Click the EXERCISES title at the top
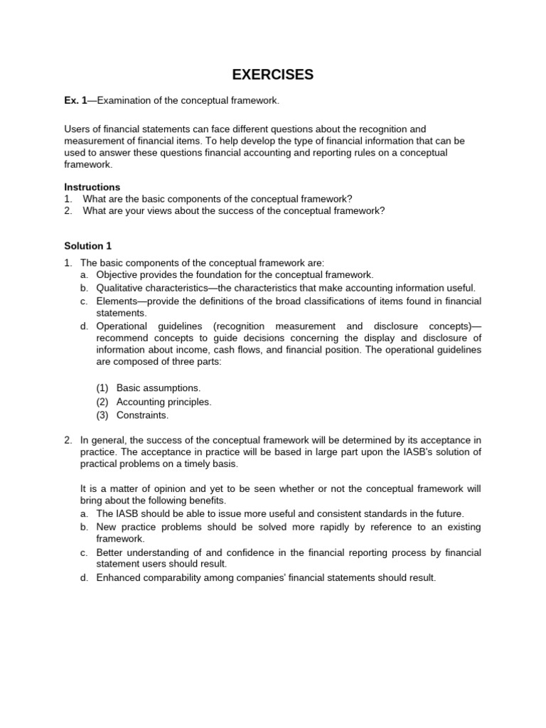coord(273,75)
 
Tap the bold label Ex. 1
coord(75,101)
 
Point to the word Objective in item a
coord(118,274)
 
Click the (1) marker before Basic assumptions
coord(103,388)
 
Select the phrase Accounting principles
coord(164,402)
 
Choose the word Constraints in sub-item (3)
coord(142,415)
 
